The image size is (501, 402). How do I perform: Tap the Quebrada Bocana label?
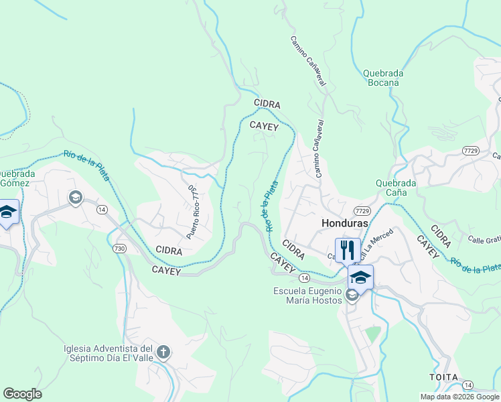(383, 78)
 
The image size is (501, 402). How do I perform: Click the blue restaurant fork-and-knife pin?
(347, 250)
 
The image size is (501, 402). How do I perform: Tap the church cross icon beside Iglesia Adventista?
(164, 352)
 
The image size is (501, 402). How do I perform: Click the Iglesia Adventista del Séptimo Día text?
(109, 353)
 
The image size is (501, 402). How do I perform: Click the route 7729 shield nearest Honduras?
(363, 210)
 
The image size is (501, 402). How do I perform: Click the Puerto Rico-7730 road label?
(192, 212)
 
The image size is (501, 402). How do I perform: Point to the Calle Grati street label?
(485, 239)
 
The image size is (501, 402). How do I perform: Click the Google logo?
(22, 394)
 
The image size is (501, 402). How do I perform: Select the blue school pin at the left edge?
(7, 212)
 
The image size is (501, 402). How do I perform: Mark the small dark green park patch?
(373, 333)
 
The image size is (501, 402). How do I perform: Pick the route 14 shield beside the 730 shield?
(102, 210)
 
